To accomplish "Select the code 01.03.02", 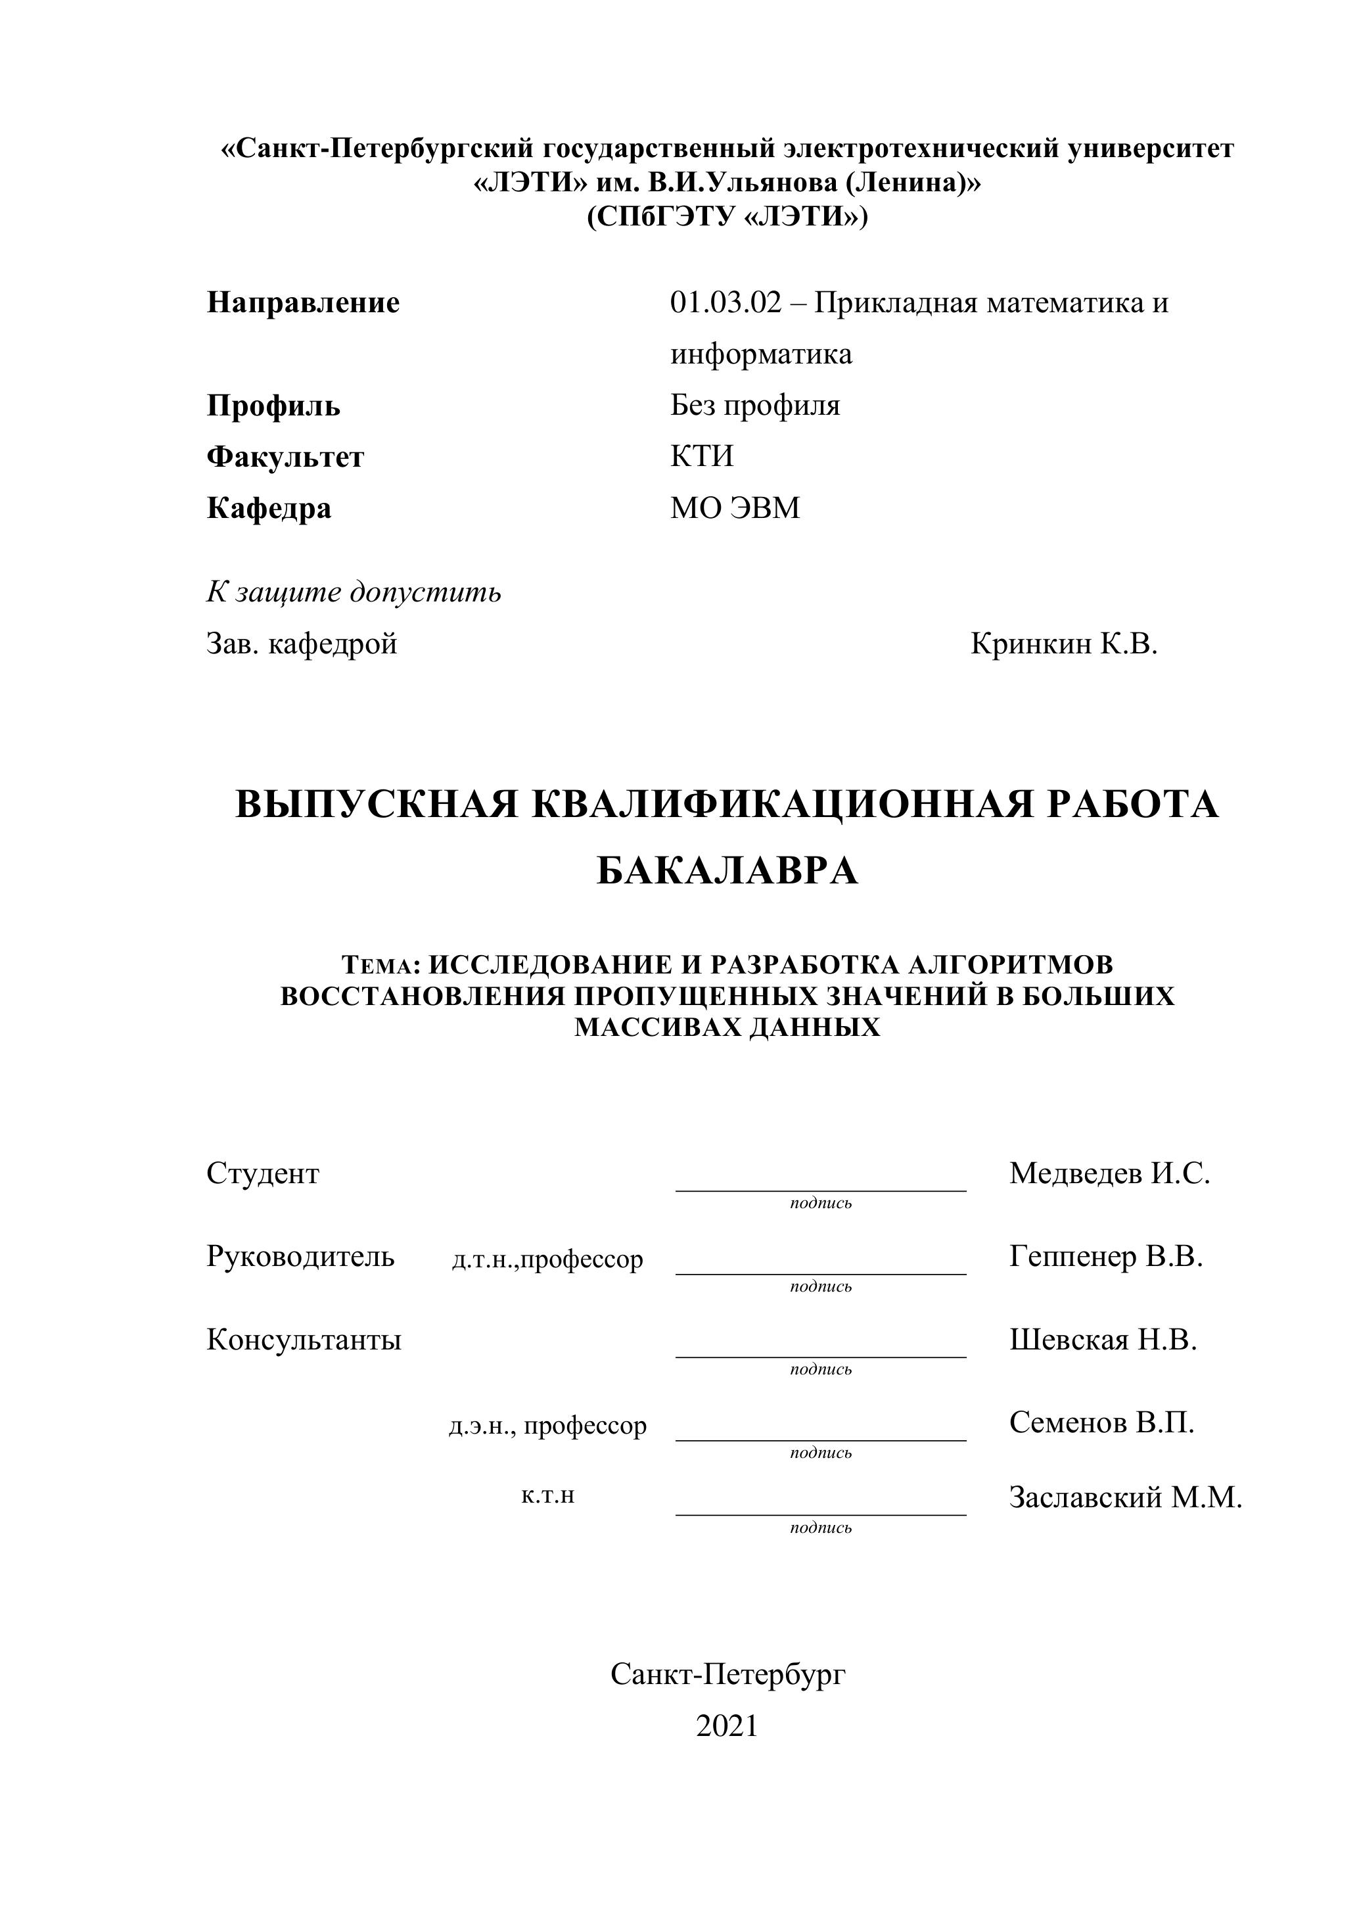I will tap(725, 302).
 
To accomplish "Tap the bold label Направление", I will tap(303, 302).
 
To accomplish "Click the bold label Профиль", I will tap(273, 406).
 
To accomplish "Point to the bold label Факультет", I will tap(285, 457).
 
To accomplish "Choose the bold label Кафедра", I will tap(269, 508).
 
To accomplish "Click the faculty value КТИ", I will tap(701, 456).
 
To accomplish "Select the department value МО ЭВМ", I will tap(735, 508).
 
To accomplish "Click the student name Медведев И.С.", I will tap(1110, 1173).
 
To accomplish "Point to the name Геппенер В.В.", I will tap(1105, 1257).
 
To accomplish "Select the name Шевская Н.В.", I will tap(1103, 1340).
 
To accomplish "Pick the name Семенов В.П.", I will tap(1101, 1422).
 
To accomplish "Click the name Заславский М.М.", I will tap(1126, 1497).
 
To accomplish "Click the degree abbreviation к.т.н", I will tap(547, 1495).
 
